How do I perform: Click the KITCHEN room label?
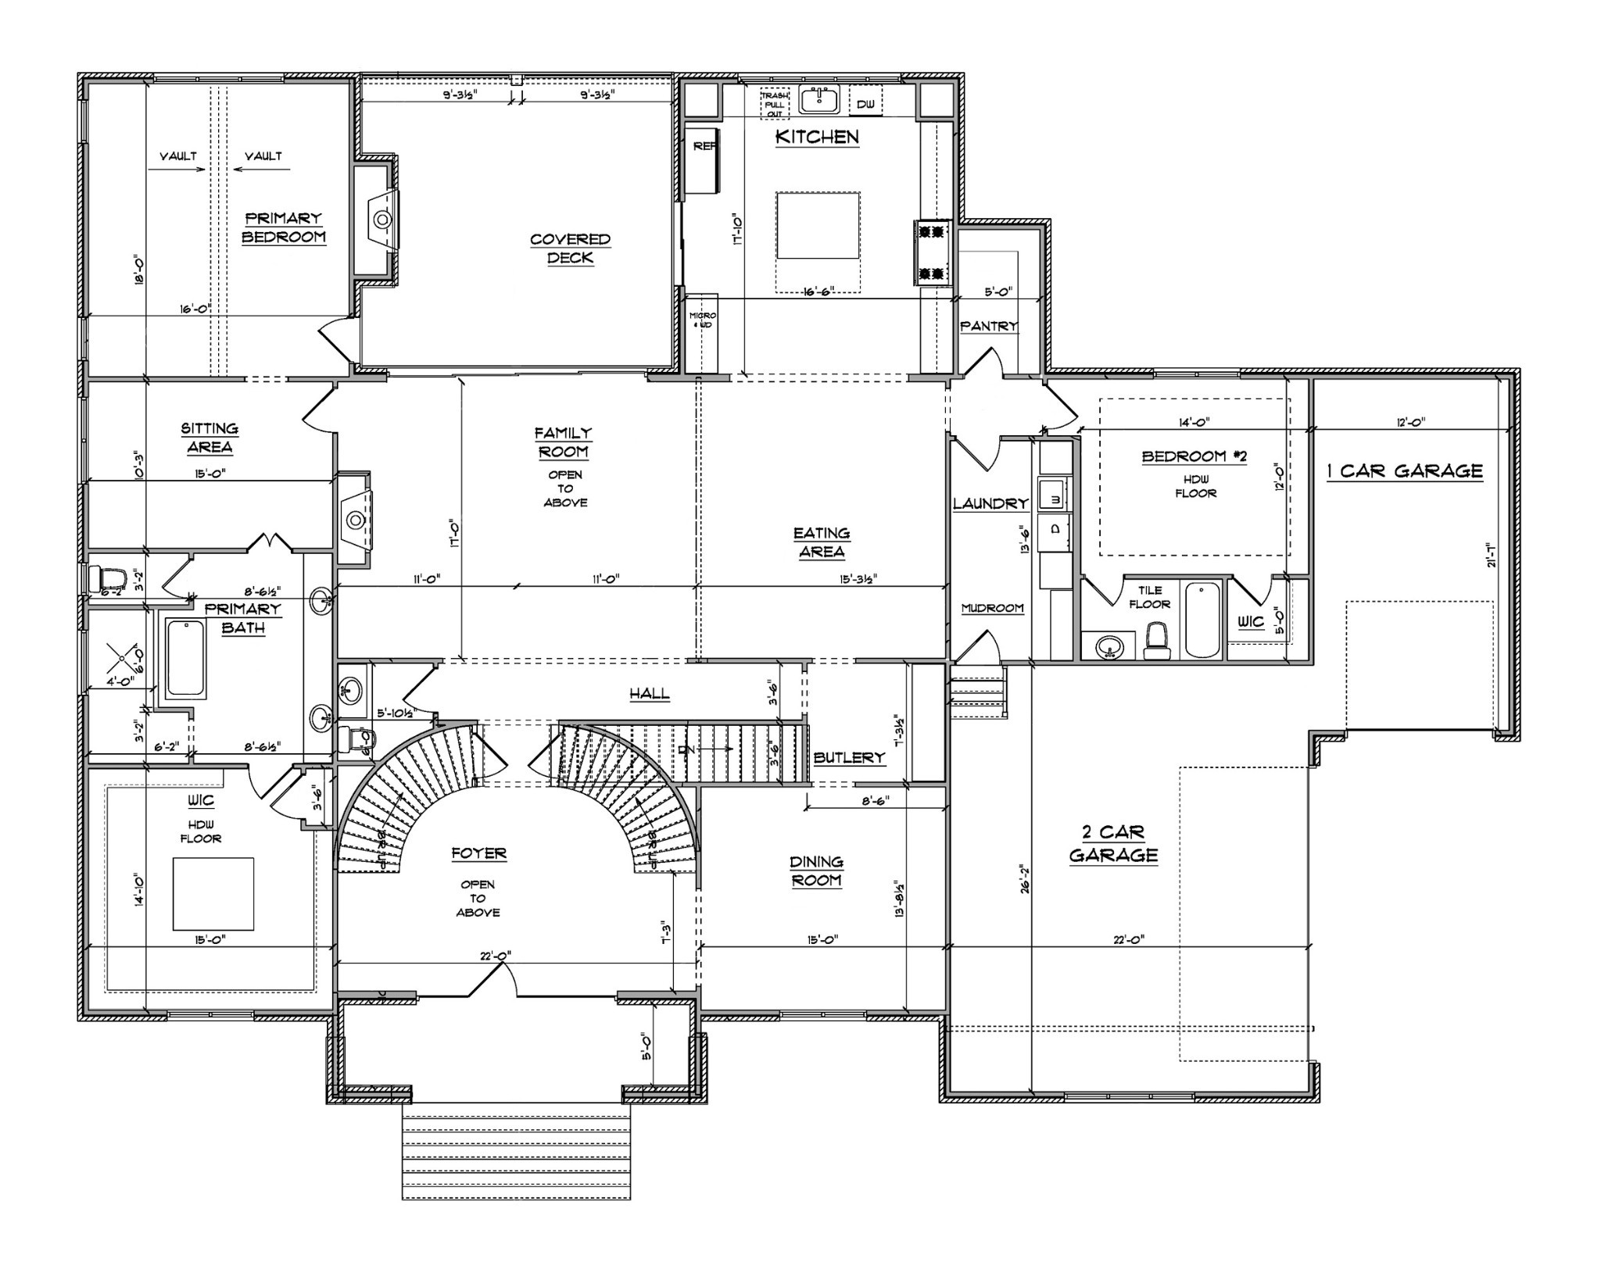(x=817, y=137)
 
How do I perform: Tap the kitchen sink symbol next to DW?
(x=818, y=102)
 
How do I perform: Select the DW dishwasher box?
(x=865, y=104)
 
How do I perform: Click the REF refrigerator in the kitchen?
(x=702, y=159)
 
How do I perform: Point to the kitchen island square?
(x=818, y=225)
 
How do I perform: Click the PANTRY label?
(x=989, y=326)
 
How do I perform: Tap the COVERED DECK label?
(x=570, y=248)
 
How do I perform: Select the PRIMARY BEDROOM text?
(x=283, y=227)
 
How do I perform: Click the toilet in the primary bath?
(x=107, y=579)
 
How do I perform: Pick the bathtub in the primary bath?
(x=186, y=658)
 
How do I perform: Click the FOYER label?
(x=478, y=853)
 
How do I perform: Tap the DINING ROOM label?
(x=816, y=871)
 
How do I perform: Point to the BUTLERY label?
(x=849, y=757)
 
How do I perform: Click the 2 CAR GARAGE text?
(x=1113, y=843)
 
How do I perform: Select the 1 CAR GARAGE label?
(x=1404, y=471)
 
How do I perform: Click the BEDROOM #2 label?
(x=1194, y=456)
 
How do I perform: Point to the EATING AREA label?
(x=822, y=542)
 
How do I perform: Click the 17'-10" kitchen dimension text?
(x=736, y=232)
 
